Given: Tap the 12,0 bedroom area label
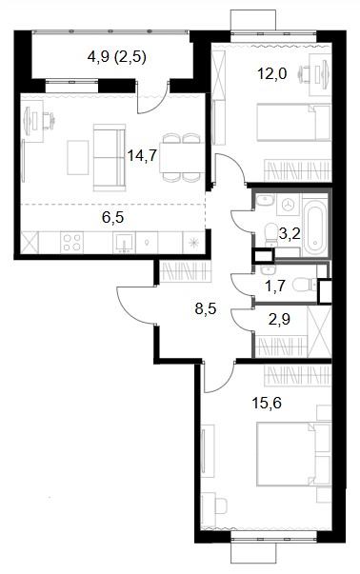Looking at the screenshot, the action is pyautogui.click(x=271, y=74).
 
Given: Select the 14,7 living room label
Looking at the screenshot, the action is pyautogui.click(x=142, y=155).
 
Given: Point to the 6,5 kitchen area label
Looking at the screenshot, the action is pyautogui.click(x=112, y=217).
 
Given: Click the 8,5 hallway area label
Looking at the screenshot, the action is pyautogui.click(x=206, y=309).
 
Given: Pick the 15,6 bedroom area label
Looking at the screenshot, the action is pyautogui.click(x=267, y=404).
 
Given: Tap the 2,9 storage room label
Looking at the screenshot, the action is pyautogui.click(x=279, y=319).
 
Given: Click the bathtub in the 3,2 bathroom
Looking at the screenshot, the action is pyautogui.click(x=315, y=228).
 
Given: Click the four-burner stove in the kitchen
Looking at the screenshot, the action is pyautogui.click(x=71, y=242).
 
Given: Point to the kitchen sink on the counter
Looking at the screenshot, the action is pyautogui.click(x=124, y=243).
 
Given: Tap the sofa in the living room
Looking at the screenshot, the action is pyautogui.click(x=110, y=157).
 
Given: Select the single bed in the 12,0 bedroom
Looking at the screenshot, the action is pyautogui.click(x=294, y=123).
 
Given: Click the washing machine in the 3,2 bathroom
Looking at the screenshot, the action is pyautogui.click(x=289, y=205).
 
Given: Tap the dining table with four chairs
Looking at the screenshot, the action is pyautogui.click(x=182, y=158).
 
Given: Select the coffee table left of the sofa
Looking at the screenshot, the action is pyautogui.click(x=78, y=157).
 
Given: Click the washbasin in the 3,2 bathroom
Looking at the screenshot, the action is pyautogui.click(x=265, y=200).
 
